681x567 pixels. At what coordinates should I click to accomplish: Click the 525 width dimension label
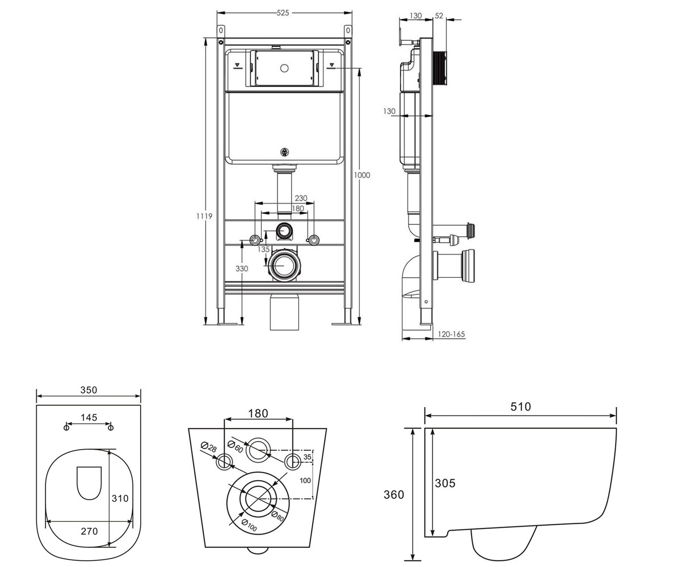tap(283, 12)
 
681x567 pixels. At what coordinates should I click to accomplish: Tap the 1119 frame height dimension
tap(204, 215)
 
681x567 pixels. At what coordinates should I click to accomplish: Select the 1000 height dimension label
tap(362, 175)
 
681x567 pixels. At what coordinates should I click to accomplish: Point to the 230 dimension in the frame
tap(301, 198)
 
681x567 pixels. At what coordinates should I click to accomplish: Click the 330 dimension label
tap(242, 269)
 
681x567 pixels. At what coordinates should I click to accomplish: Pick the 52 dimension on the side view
tap(439, 16)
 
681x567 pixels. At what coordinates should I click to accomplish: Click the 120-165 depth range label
tap(451, 334)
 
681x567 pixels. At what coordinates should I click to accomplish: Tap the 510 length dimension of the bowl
tap(520, 407)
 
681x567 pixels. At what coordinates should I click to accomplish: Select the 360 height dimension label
tap(394, 494)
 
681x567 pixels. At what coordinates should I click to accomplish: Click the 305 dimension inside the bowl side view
tap(445, 483)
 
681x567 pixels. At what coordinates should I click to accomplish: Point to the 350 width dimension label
tap(89, 390)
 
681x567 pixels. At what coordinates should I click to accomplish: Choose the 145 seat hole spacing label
tap(89, 417)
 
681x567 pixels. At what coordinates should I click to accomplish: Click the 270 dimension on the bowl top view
tap(89, 531)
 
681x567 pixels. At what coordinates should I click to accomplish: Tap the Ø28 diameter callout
tap(209, 447)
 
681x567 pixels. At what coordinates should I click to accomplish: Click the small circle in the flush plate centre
tap(284, 69)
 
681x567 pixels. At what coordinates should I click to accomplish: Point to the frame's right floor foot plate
tap(341, 324)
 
